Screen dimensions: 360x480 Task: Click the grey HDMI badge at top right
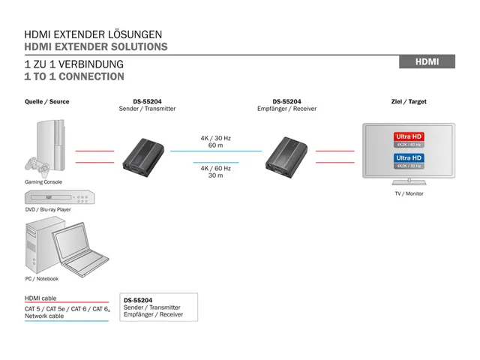pos(427,61)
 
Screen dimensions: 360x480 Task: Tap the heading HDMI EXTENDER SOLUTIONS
pos(96,47)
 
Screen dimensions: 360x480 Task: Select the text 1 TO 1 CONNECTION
pos(74,76)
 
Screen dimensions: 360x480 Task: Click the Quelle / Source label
pos(46,101)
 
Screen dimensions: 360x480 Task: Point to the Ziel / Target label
pos(409,101)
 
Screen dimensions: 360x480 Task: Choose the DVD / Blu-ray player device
pos(58,197)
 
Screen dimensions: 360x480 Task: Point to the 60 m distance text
pos(215,145)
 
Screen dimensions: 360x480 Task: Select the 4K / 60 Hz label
pos(215,168)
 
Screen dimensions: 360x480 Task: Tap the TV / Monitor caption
pos(409,193)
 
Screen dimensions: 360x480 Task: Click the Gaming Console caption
pos(43,182)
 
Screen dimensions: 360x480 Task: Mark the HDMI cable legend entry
pos(40,298)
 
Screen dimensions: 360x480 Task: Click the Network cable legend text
pos(44,316)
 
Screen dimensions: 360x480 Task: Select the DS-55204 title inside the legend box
pos(138,300)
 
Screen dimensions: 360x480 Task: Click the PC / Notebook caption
pos(41,278)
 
